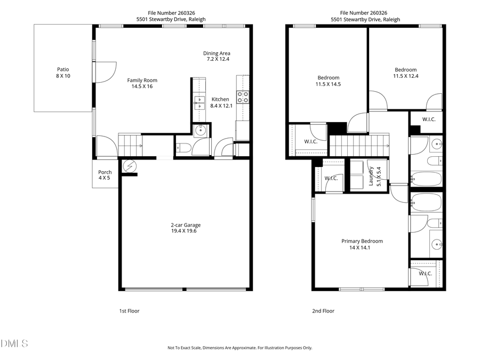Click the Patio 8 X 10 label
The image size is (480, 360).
point(63,73)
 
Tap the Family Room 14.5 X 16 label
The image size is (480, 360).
point(142,83)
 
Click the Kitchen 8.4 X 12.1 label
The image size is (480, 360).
point(220,102)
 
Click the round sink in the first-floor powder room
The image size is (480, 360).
point(202,131)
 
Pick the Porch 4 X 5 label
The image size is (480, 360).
point(105,175)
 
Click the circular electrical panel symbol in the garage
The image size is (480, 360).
point(129,166)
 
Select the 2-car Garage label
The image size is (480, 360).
point(186,228)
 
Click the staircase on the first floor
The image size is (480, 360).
point(130,145)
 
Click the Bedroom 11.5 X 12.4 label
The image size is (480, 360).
point(405,73)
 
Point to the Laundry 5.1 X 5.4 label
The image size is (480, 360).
point(374,176)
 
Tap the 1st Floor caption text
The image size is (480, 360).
point(129,311)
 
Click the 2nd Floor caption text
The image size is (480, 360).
point(323,311)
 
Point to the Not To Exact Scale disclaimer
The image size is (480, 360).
point(240,348)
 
